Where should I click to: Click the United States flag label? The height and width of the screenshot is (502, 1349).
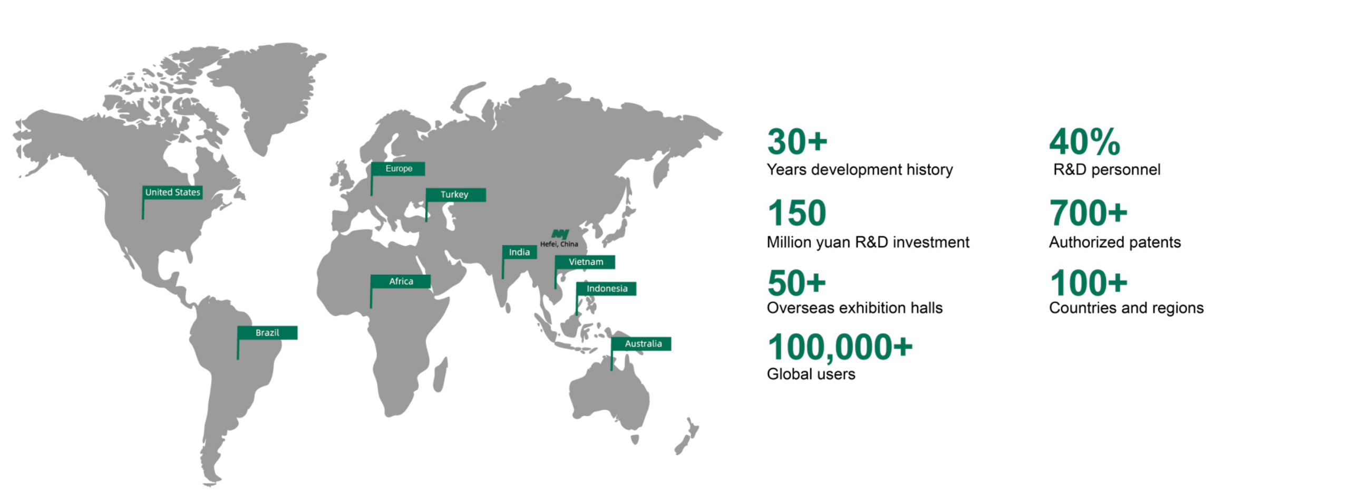tap(172, 192)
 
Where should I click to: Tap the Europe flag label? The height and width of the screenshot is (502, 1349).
tap(398, 169)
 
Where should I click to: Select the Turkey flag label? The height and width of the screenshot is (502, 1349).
tap(455, 195)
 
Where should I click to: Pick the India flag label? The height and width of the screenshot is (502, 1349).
tap(519, 252)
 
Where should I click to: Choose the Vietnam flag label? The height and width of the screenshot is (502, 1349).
tap(585, 262)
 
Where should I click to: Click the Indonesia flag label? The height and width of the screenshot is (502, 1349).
tap(606, 289)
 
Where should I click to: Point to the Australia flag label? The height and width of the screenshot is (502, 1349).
tap(641, 344)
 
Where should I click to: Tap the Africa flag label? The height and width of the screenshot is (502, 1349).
tap(400, 282)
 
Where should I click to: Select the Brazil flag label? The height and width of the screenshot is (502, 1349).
tap(267, 333)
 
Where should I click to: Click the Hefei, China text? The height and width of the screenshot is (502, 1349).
tap(559, 244)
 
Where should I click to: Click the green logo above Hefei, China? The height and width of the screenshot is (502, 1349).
tap(560, 234)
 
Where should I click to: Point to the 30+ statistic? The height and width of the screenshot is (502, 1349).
tap(797, 142)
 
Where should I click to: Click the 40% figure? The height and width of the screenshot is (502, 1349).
tap(1084, 142)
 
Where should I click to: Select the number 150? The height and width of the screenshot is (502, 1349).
tap(797, 213)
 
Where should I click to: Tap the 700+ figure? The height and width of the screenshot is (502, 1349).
tap(1088, 213)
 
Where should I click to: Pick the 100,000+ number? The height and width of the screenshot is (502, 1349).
tap(840, 347)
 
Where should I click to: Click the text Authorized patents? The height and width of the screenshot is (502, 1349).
tap(1114, 242)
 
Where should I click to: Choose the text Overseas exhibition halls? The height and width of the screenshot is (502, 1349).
tap(855, 308)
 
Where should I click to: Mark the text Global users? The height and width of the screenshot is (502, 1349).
tap(811, 374)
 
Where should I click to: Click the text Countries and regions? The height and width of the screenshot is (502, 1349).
tap(1126, 308)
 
